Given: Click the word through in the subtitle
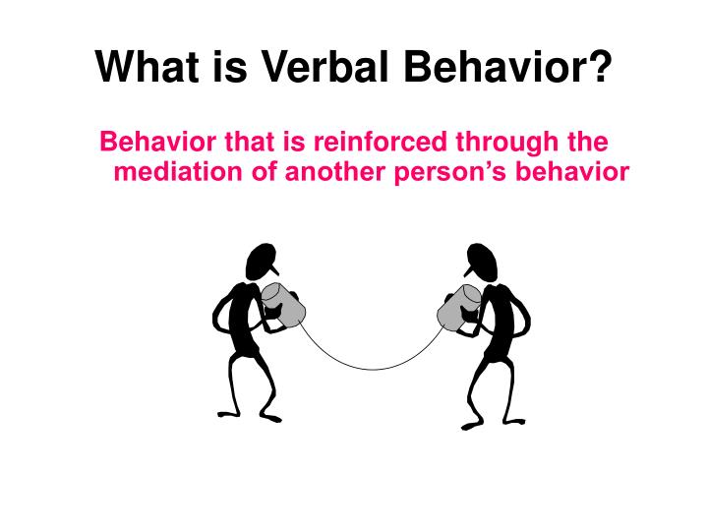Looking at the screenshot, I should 501,144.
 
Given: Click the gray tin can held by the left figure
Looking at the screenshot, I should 283,304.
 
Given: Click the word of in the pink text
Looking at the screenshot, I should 272,172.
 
